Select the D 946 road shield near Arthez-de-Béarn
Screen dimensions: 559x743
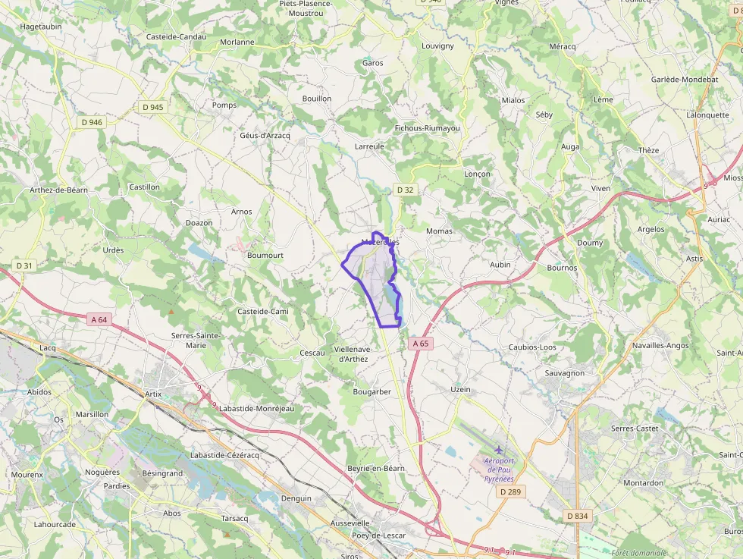91,122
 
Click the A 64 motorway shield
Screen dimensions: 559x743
99,320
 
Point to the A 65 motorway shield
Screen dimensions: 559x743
421,344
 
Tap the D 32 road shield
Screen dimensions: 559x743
405,190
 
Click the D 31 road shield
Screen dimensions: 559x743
24,265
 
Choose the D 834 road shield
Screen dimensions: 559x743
577,516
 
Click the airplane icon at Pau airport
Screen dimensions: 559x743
498,451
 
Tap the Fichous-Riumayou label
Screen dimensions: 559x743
428,128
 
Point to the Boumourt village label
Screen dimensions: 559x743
265,256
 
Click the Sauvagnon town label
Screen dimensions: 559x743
564,373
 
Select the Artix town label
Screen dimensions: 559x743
153,394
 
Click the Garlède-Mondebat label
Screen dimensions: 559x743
684,79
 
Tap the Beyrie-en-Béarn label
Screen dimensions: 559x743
375,469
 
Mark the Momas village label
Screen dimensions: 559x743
439,231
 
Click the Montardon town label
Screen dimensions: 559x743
642,483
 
